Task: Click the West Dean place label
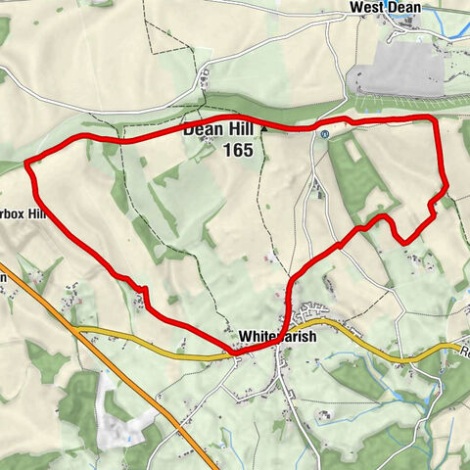390,8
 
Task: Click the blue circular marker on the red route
324,134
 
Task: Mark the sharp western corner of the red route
25,162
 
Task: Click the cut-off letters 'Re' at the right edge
463,349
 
